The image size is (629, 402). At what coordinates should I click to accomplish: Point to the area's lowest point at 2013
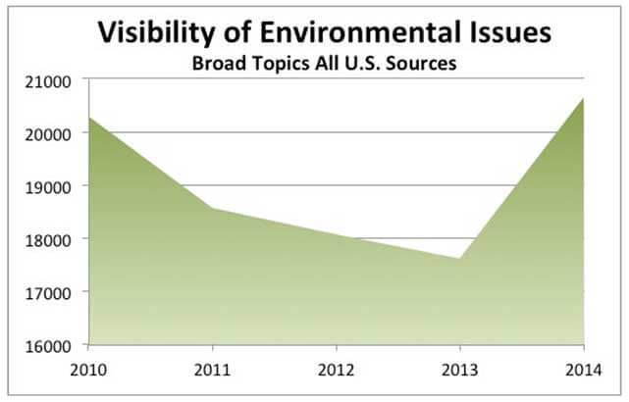pos(459,259)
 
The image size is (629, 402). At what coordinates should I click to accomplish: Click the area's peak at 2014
pos(583,98)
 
